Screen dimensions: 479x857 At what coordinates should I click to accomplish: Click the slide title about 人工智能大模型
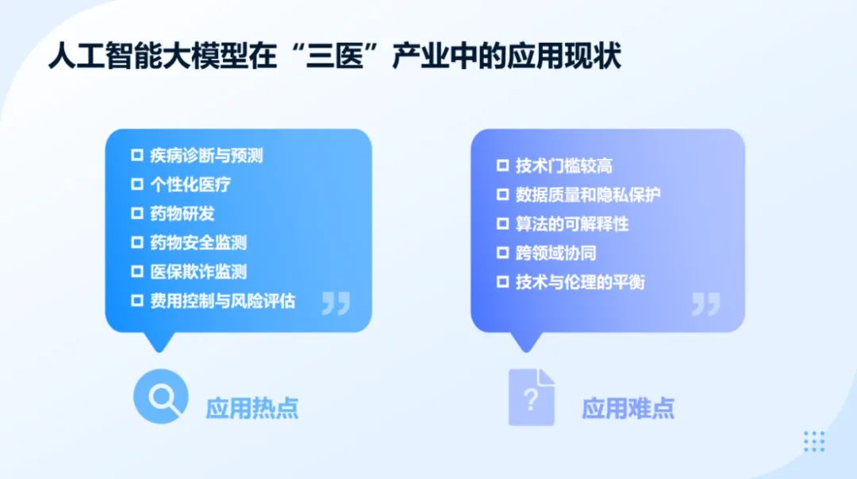[334, 57]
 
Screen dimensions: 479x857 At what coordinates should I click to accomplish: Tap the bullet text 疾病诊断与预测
[206, 156]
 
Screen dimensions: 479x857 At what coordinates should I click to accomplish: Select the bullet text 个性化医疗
[190, 185]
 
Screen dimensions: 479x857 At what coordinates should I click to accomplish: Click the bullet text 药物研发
[183, 214]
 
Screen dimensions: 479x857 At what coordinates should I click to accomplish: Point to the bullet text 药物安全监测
[198, 243]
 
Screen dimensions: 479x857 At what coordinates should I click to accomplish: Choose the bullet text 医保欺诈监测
[198, 272]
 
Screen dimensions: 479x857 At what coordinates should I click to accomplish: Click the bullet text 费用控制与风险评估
[222, 301]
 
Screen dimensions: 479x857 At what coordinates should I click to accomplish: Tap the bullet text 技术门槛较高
[563, 166]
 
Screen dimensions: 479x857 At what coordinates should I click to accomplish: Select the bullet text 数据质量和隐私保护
[588, 195]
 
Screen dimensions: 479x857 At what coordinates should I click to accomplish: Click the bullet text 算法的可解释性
[572, 224]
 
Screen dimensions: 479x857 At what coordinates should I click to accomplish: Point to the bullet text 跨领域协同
[555, 253]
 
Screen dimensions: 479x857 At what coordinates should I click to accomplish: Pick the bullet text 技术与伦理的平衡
[580, 282]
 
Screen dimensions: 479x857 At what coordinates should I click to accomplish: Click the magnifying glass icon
[160, 397]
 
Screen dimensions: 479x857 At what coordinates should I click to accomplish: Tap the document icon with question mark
[531, 397]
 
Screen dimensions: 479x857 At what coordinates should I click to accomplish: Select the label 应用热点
[252, 408]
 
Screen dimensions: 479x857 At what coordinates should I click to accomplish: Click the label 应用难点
[628, 408]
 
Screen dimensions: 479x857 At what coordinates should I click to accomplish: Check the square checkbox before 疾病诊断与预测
[137, 156]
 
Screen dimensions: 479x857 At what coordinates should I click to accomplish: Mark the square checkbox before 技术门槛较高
[502, 166]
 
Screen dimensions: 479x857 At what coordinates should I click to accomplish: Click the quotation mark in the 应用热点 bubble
[336, 303]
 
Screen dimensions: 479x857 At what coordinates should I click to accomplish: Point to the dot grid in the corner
[814, 441]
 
